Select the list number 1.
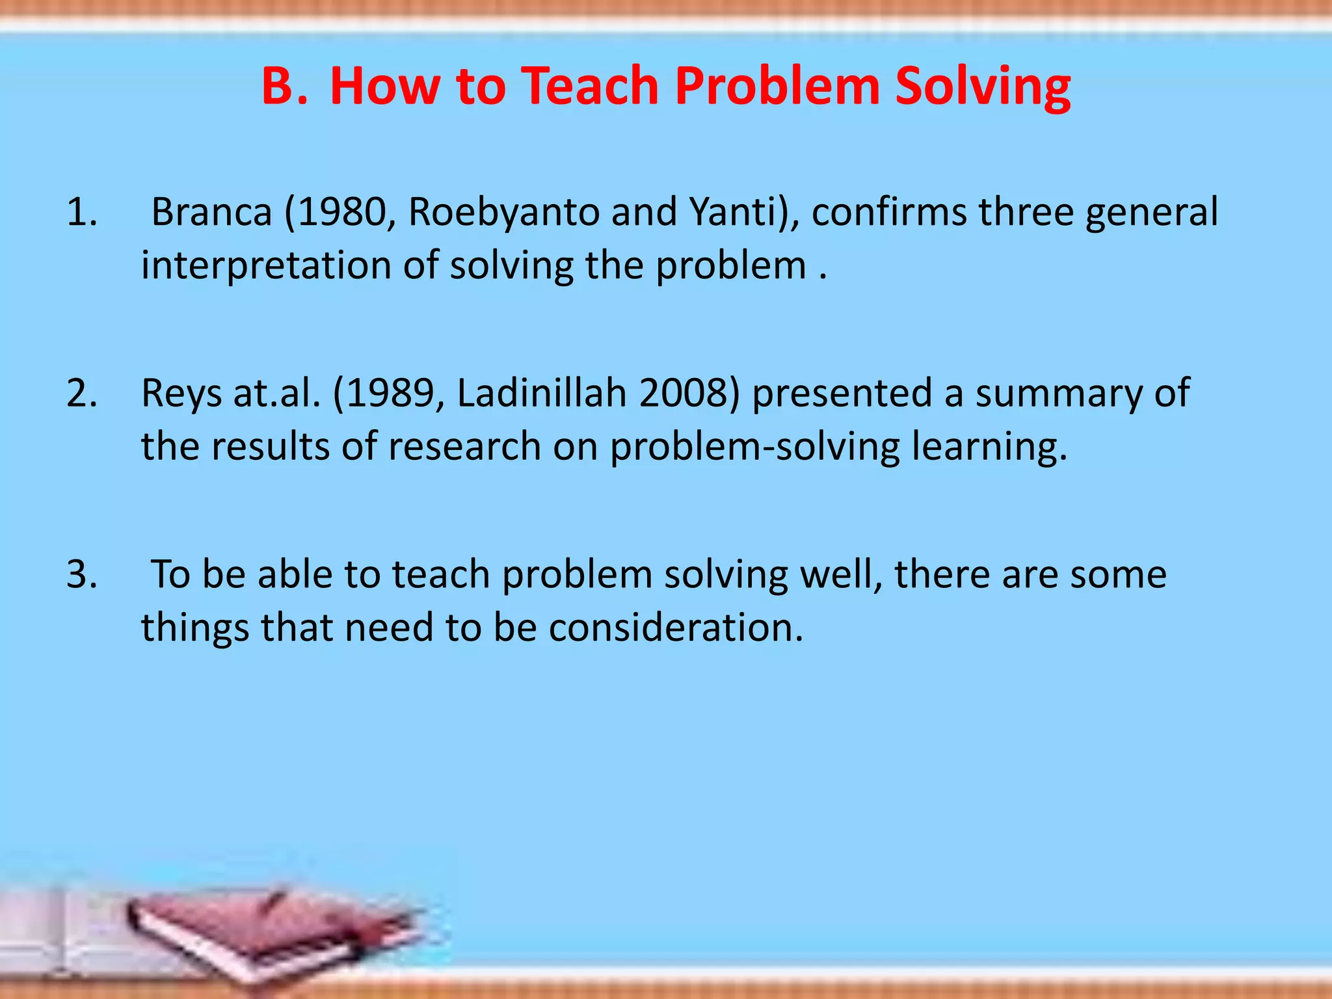click(x=82, y=213)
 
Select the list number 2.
click(x=82, y=393)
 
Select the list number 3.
click(x=82, y=574)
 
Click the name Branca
click(x=211, y=213)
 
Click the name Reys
click(x=181, y=393)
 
